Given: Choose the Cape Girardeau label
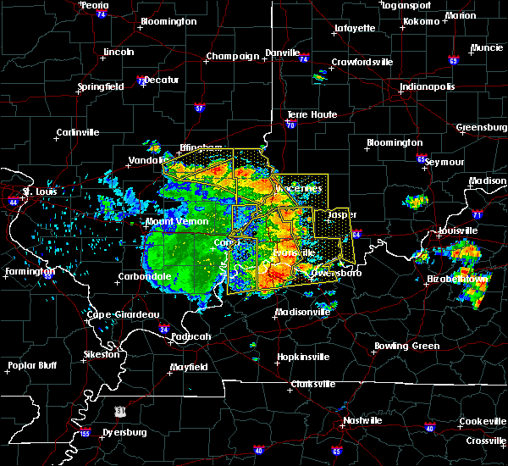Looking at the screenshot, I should [123, 314].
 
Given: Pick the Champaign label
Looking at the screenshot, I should [232, 57].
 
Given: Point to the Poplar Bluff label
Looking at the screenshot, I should [30, 366].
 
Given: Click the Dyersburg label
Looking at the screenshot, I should [124, 432].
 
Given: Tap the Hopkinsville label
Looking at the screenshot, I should [302, 357].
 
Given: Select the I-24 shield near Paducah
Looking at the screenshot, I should [163, 329].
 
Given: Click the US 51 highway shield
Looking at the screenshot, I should [121, 410].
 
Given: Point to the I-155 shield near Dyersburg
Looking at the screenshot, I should [85, 433].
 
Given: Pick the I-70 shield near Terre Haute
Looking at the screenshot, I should [290, 124].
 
